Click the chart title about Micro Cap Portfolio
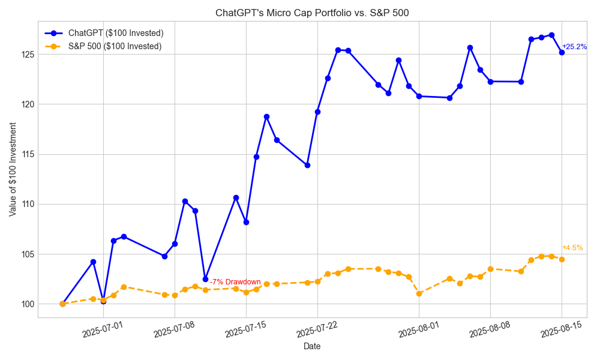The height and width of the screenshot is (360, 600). point(312,13)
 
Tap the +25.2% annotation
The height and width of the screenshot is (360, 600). point(574,47)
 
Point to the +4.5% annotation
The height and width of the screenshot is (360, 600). point(572,248)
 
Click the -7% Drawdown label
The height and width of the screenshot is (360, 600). point(235,282)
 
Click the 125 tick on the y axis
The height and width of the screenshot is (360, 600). point(26,55)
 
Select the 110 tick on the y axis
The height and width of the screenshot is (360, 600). point(26,204)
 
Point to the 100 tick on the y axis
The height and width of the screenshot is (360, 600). point(26,304)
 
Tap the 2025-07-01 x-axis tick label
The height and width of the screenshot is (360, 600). point(103,329)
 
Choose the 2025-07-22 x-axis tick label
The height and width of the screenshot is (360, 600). point(317,329)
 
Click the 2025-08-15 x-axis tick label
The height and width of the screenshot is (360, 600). point(561,329)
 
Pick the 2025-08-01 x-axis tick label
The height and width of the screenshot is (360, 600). point(418,329)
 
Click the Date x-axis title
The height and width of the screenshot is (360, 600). point(312,346)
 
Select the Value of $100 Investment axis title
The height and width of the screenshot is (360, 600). point(13,169)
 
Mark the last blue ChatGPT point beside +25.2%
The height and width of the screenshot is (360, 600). point(562,52)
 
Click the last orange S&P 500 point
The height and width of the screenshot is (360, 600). point(562,259)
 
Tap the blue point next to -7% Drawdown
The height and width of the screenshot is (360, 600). point(205,279)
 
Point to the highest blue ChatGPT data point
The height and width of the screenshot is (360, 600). point(551,35)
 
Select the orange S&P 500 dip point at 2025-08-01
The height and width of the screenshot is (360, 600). point(419,293)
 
